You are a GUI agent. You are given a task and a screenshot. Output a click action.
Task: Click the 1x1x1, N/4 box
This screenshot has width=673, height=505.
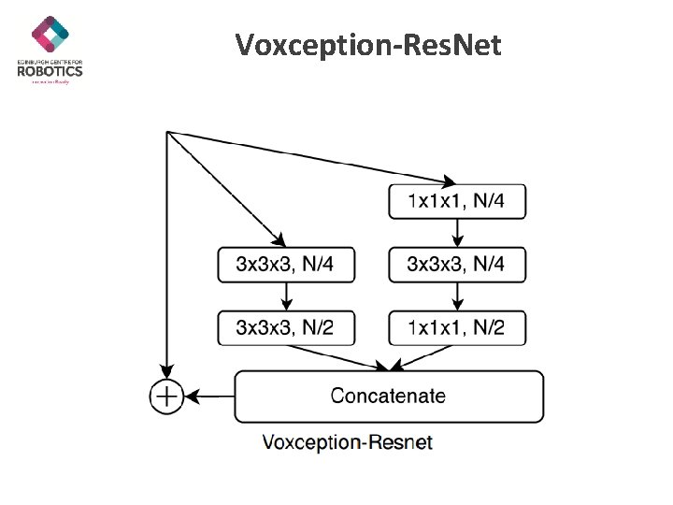[x=457, y=201]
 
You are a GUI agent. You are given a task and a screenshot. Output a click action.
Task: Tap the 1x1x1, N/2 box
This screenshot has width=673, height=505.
[x=457, y=326]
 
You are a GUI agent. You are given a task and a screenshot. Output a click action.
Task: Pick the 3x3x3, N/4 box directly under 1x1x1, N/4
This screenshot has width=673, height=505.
[x=457, y=264]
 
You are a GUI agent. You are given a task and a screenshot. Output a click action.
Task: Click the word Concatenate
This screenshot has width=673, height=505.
[x=388, y=396]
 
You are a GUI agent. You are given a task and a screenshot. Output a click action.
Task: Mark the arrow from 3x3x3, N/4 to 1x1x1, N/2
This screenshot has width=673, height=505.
[x=457, y=296]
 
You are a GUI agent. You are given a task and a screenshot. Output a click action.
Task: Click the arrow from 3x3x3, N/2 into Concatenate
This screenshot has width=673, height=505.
[x=336, y=356]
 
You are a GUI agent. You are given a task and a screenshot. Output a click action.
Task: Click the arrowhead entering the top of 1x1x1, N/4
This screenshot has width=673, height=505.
[x=450, y=181]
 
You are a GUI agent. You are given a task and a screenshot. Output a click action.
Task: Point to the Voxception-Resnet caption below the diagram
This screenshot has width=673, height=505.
[x=348, y=441]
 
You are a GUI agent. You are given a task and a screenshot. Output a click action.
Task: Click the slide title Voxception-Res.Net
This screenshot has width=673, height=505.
[x=368, y=45]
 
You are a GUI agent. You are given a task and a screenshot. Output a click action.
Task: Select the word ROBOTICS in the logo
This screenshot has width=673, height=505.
[x=50, y=70]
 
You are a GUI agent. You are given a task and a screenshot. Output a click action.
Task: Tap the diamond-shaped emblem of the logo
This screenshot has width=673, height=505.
[x=50, y=34]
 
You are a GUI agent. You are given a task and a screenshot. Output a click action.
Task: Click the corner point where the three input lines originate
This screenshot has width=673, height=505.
[x=166, y=132]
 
